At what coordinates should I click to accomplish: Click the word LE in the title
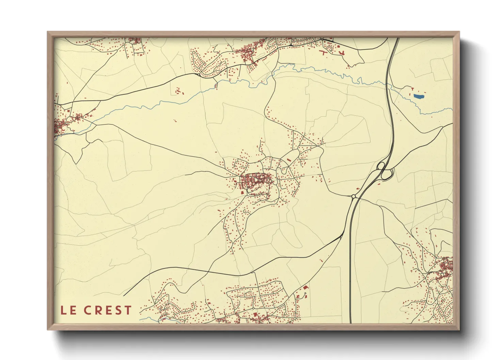[x=68, y=310]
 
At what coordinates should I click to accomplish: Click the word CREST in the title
[x=108, y=310]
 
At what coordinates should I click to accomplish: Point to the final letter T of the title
[x=128, y=310]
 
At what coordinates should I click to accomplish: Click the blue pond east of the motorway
[x=419, y=96]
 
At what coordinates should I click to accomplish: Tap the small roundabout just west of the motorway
[x=353, y=196]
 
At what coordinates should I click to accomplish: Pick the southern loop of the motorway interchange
[x=387, y=175]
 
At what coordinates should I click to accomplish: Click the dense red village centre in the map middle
[x=255, y=180]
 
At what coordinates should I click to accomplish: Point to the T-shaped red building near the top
[x=324, y=52]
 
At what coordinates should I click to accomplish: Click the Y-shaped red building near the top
[x=342, y=52]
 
